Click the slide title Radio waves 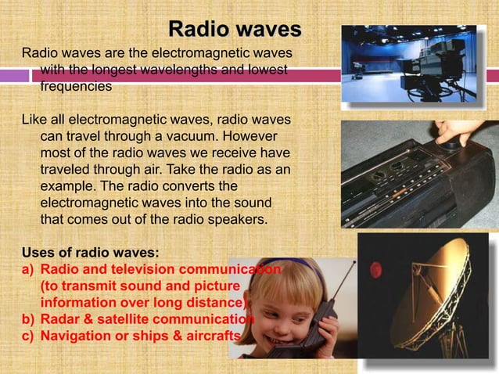[x=235, y=31]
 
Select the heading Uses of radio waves [x=90, y=253]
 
